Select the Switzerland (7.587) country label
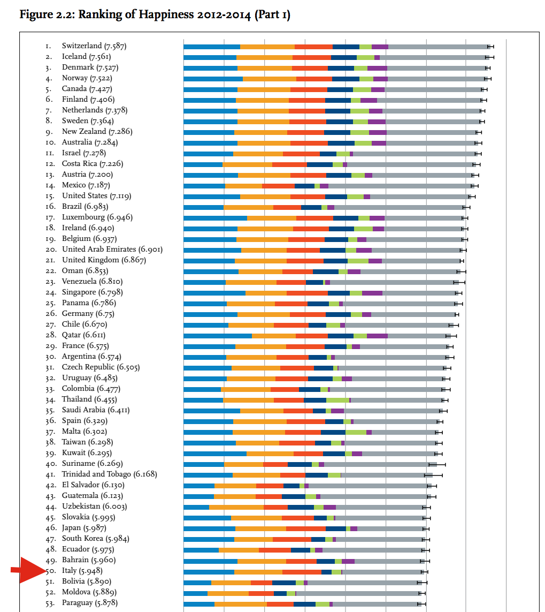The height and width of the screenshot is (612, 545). point(94,46)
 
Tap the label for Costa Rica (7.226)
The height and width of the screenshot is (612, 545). point(92,164)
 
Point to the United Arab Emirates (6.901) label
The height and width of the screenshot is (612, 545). point(112,250)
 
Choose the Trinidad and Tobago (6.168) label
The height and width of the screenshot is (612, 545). point(109,474)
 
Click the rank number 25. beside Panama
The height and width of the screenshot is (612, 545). point(51,303)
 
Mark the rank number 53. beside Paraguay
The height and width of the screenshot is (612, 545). point(51,603)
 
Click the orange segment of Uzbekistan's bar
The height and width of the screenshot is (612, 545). point(236,507)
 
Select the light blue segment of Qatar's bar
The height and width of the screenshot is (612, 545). point(217,336)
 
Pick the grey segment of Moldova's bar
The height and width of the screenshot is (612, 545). point(358,593)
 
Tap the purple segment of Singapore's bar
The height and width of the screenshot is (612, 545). point(372,293)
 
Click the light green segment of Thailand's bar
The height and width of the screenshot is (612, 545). point(337,400)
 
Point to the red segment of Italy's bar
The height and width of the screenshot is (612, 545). point(302,572)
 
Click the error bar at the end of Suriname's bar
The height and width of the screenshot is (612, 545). point(437,464)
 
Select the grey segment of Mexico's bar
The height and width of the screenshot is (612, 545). point(401,186)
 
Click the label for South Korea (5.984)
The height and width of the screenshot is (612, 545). point(95,539)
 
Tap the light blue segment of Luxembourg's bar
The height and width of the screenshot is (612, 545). point(215,218)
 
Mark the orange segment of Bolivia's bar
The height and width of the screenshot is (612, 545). point(231,582)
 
